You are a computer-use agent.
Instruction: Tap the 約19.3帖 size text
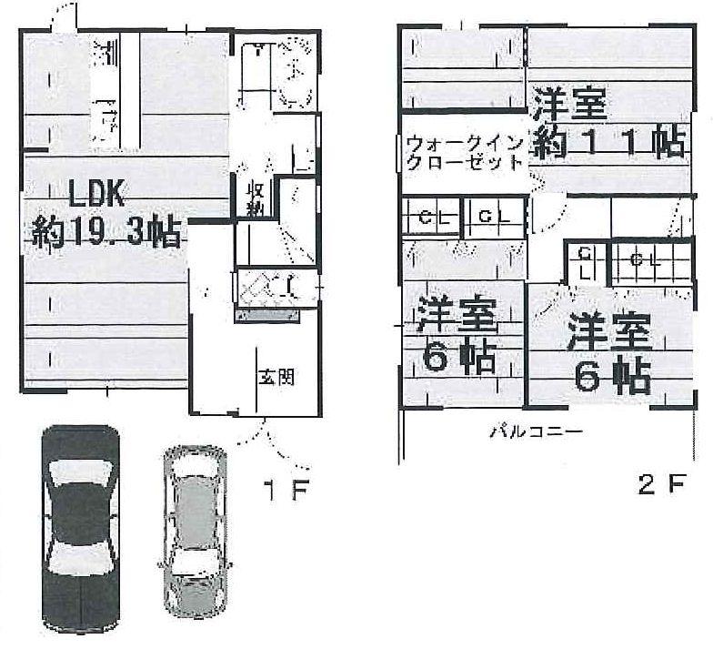[106, 235]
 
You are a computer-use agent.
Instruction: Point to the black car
[80, 528]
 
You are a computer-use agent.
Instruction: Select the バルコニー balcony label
[536, 432]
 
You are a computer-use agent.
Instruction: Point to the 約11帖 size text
[607, 144]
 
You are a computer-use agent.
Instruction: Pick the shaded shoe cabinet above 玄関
[267, 314]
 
